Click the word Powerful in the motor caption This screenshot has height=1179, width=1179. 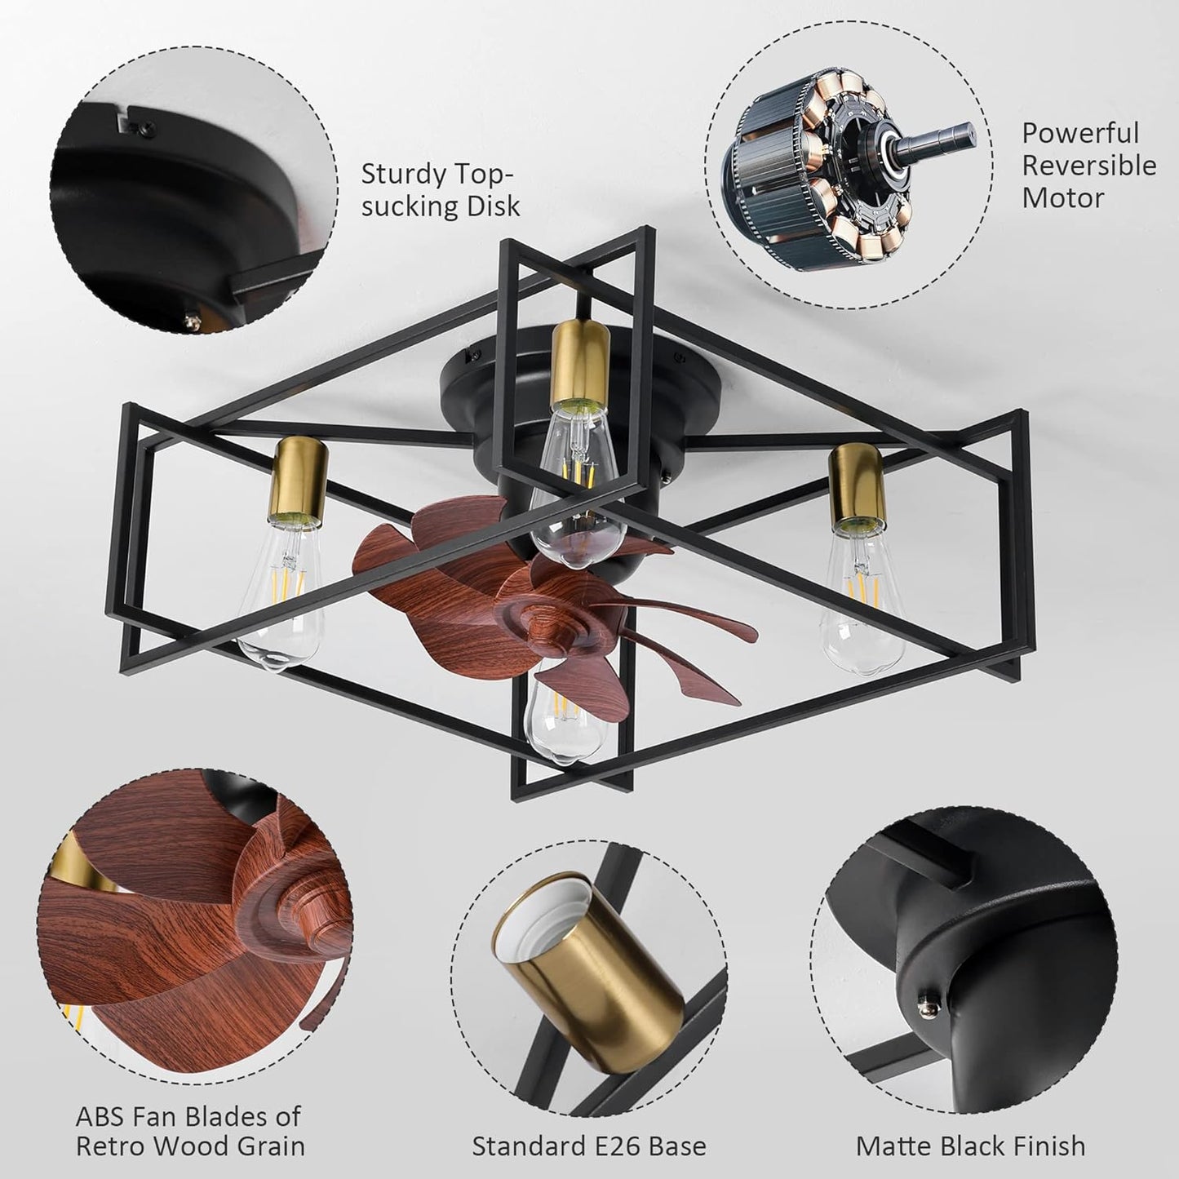[1080, 133]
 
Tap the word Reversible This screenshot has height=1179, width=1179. [1089, 166]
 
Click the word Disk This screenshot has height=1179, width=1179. [492, 206]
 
